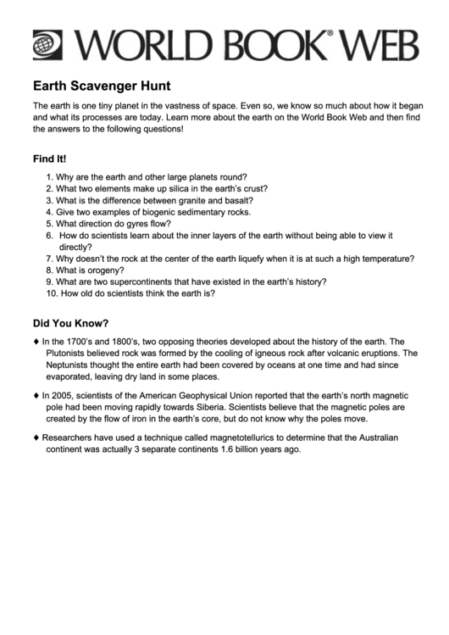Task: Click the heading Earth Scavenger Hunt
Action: click(102, 86)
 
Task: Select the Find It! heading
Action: click(50, 159)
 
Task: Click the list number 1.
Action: click(49, 176)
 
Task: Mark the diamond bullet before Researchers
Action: click(36, 437)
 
